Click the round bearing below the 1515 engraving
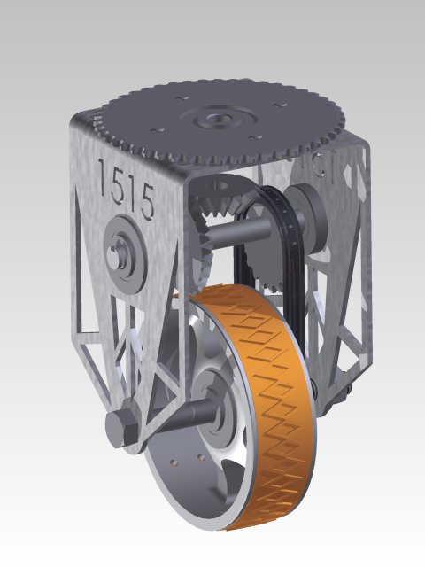pos(122,251)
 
